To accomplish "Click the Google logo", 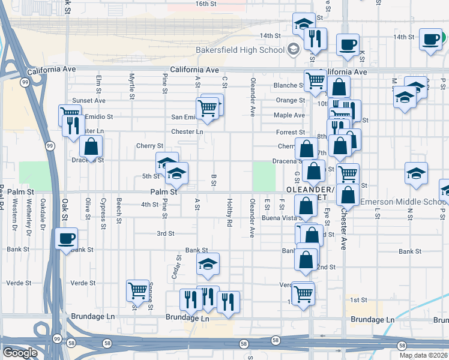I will [20, 353].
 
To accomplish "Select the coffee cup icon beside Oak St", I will [67, 239].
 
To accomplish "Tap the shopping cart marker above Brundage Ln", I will [138, 291].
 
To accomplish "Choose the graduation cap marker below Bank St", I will [208, 264].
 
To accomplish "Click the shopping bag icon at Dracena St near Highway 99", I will [91, 146].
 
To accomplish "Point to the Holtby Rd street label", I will [230, 213].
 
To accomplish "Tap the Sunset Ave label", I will [88, 101].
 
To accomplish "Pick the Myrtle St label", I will [132, 87].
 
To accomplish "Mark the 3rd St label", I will [165, 233].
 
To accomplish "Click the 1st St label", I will [358, 300].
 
